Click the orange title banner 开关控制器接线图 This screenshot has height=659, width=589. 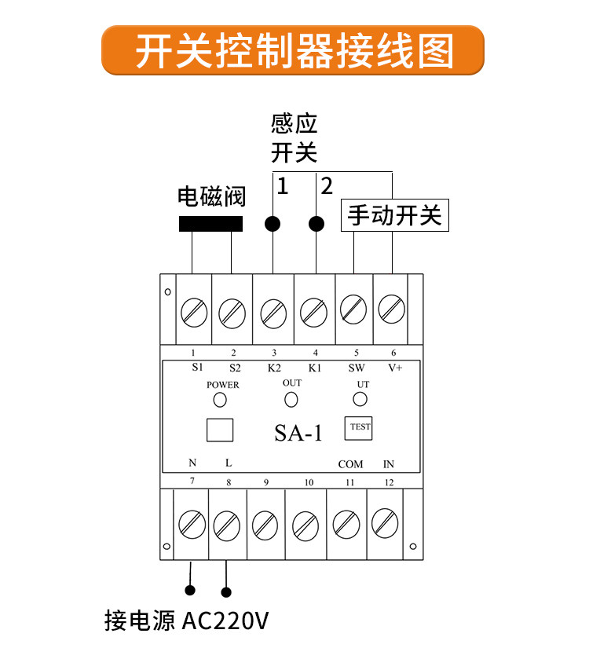[x=293, y=50]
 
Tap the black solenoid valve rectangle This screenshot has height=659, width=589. [x=211, y=224]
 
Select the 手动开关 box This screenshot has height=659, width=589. [x=395, y=215]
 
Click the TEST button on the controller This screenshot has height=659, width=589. [x=358, y=428]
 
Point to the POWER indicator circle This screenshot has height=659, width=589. [x=220, y=400]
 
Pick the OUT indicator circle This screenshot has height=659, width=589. [x=291, y=399]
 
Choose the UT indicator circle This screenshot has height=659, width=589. [x=360, y=399]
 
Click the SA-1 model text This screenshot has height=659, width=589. [x=298, y=433]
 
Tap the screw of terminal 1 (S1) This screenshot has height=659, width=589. [x=194, y=313]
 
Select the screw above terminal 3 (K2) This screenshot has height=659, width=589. [x=273, y=313]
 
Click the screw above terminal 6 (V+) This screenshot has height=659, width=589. [x=392, y=309]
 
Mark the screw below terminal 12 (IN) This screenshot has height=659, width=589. [x=385, y=523]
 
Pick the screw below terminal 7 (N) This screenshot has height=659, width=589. [x=192, y=525]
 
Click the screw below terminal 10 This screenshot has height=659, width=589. [x=305, y=526]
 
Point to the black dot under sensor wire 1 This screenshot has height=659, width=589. [x=273, y=224]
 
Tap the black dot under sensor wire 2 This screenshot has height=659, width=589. [x=316, y=224]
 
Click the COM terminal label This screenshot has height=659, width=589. [x=350, y=464]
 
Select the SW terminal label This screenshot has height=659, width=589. [x=357, y=368]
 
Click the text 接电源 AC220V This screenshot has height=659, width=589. [x=187, y=621]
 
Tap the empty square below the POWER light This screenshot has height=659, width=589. [x=220, y=430]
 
